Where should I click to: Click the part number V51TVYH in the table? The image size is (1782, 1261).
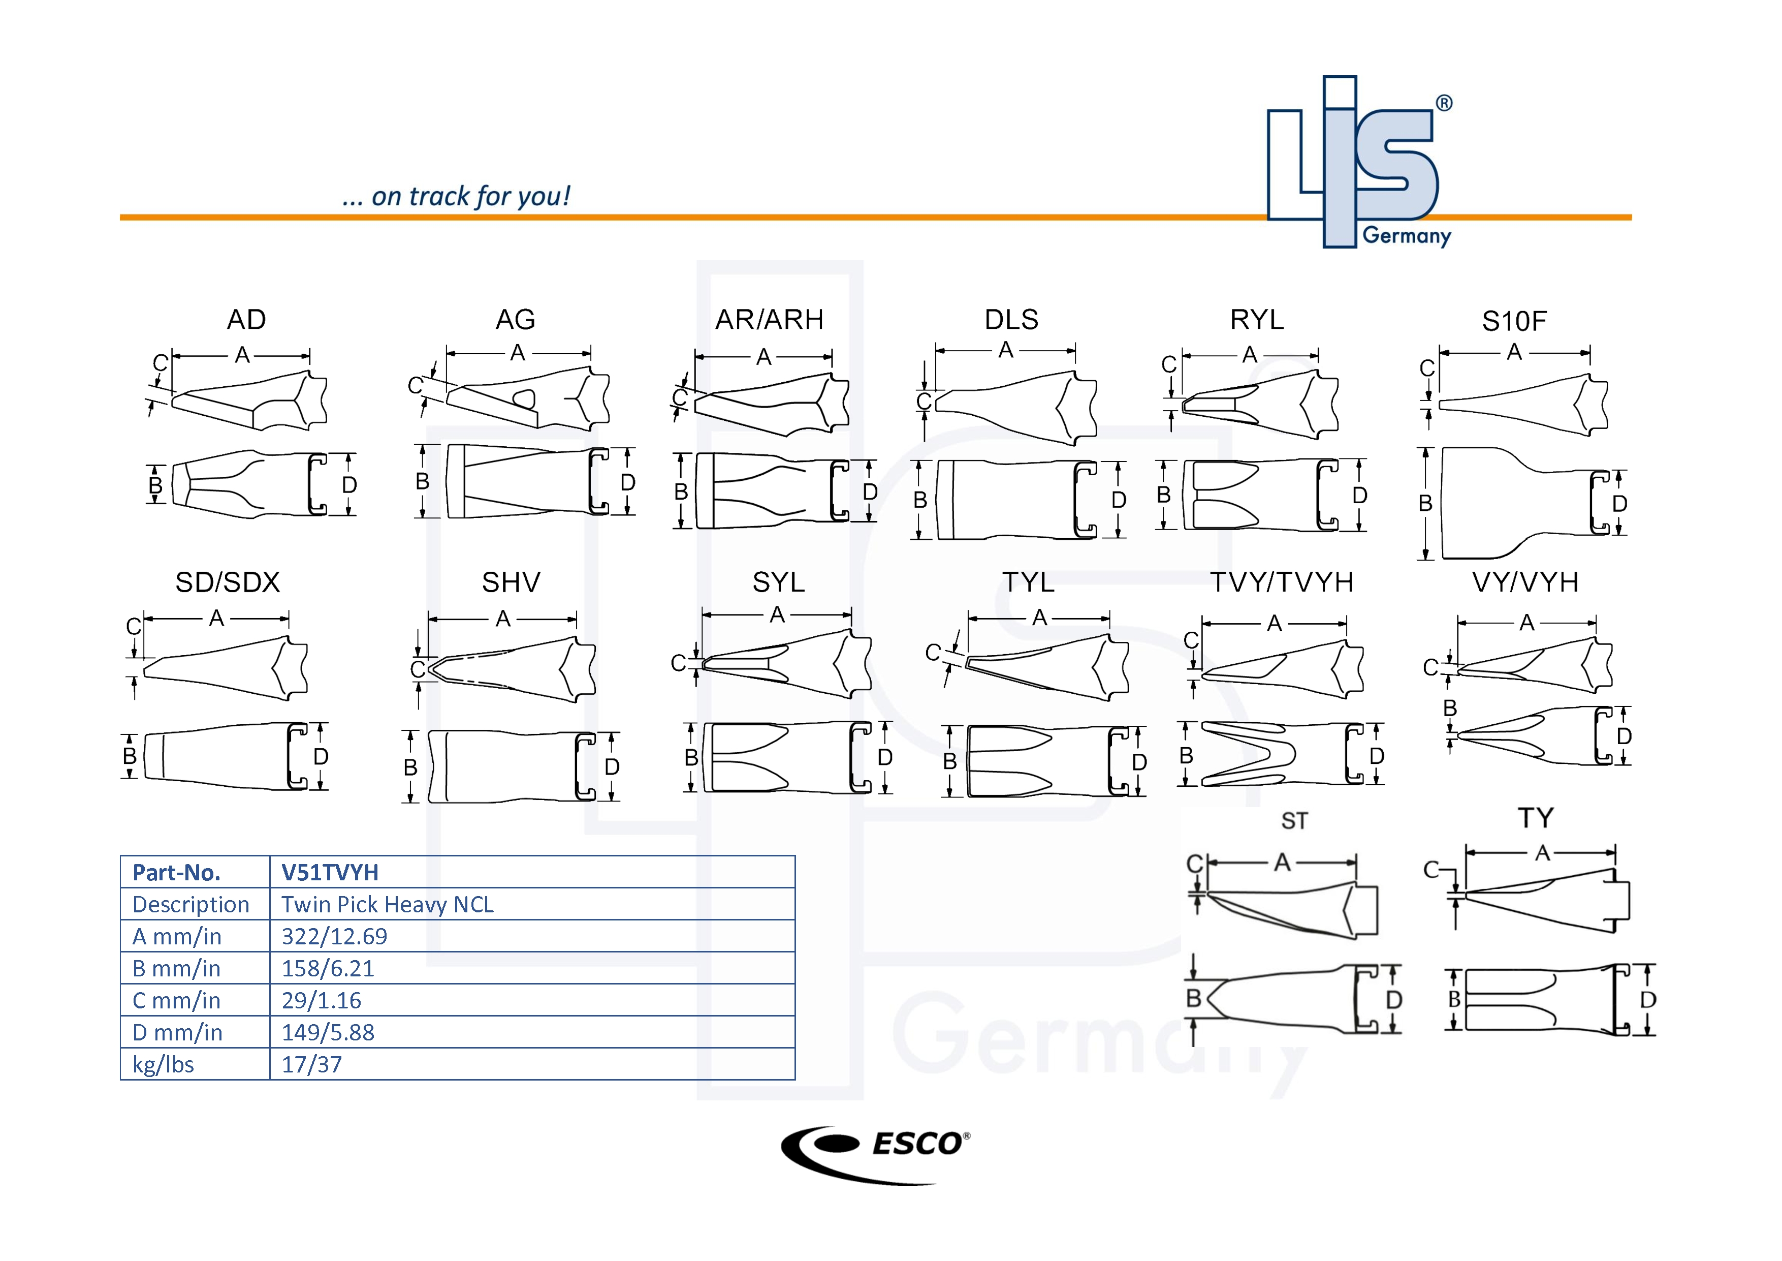[x=329, y=872]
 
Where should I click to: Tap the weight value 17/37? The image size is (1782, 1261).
[x=311, y=1064]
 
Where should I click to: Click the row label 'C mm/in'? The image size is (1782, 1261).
[x=176, y=1000]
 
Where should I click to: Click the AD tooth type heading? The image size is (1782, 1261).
[x=246, y=319]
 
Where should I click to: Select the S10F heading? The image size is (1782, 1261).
[x=1513, y=321]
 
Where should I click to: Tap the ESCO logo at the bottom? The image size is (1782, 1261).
[x=875, y=1153]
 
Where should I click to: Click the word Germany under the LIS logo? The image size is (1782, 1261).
[x=1407, y=235]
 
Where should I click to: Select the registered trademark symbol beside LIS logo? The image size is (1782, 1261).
[x=1444, y=103]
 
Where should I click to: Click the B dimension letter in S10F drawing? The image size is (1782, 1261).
[x=1425, y=503]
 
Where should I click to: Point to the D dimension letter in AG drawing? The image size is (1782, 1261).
[x=628, y=482]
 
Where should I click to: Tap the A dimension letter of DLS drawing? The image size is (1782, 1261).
[x=1006, y=350]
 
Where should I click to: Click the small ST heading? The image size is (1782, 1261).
[x=1294, y=821]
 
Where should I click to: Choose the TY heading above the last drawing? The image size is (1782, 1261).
[x=1535, y=818]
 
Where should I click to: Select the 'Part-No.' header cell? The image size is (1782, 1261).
[x=176, y=872]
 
